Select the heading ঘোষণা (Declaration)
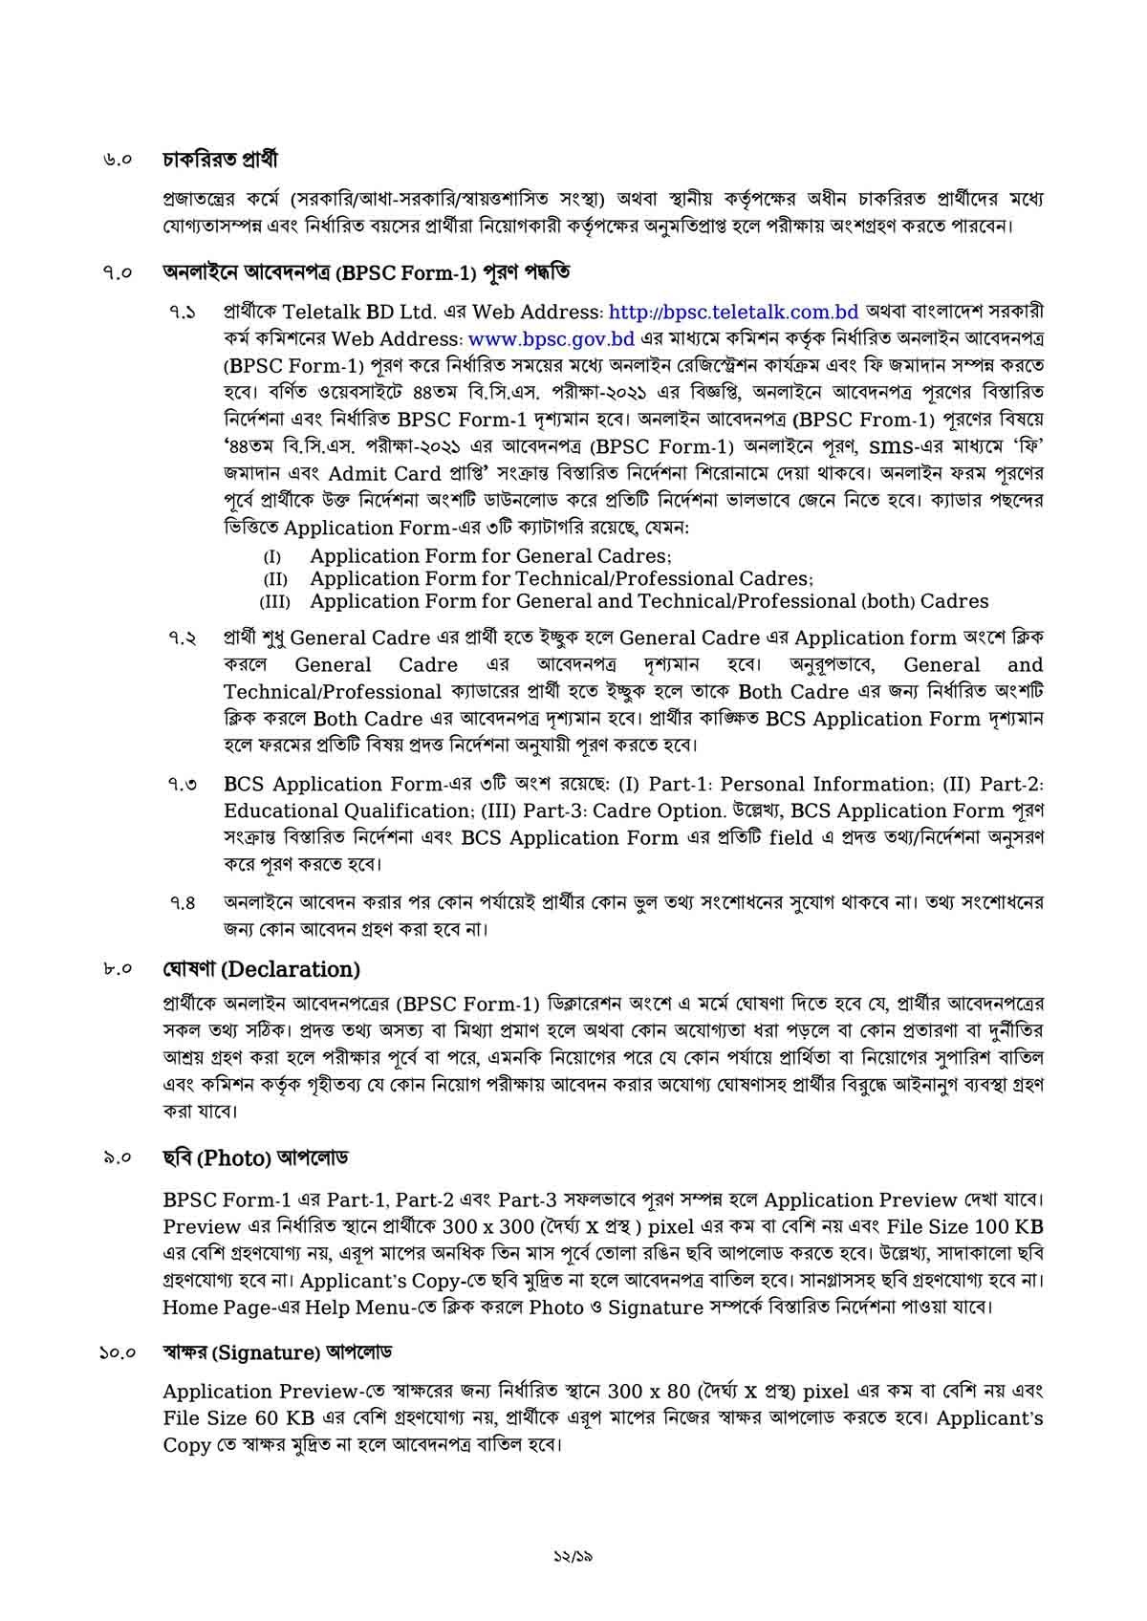261,969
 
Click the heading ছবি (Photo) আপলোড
255,1157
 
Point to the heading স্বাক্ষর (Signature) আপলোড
277,1352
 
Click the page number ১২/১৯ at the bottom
573,1555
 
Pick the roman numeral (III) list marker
274,602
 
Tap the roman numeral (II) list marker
275,579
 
